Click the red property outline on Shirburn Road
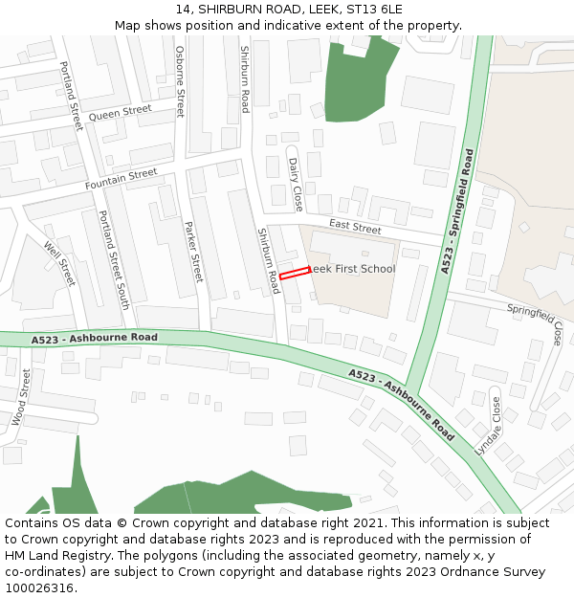click(x=295, y=274)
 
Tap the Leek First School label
click(x=351, y=269)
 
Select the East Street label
click(x=355, y=228)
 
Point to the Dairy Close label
click(x=296, y=185)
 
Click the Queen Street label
click(x=120, y=114)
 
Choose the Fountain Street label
click(x=121, y=179)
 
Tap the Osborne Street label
click(x=180, y=82)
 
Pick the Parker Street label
click(x=193, y=251)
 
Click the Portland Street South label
click(x=114, y=259)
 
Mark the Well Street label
click(x=59, y=262)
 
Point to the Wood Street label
click(x=21, y=397)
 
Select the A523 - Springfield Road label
click(x=458, y=211)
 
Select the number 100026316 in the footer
click(x=40, y=587)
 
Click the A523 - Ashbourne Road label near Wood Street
click(x=94, y=338)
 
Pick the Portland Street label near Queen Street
click(x=71, y=96)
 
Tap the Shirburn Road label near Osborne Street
click(x=245, y=78)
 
